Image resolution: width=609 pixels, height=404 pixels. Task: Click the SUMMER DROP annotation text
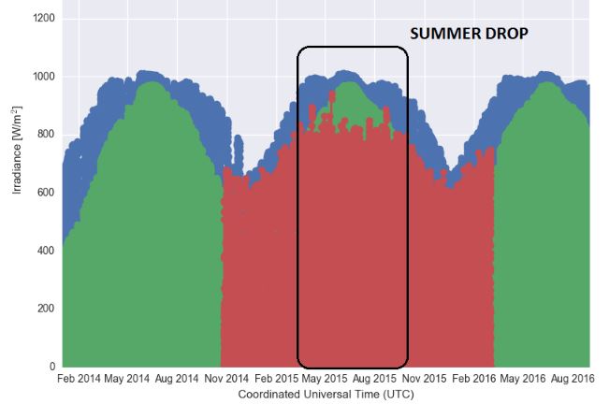pos(469,34)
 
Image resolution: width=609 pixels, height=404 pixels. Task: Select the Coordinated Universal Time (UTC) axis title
pos(326,395)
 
